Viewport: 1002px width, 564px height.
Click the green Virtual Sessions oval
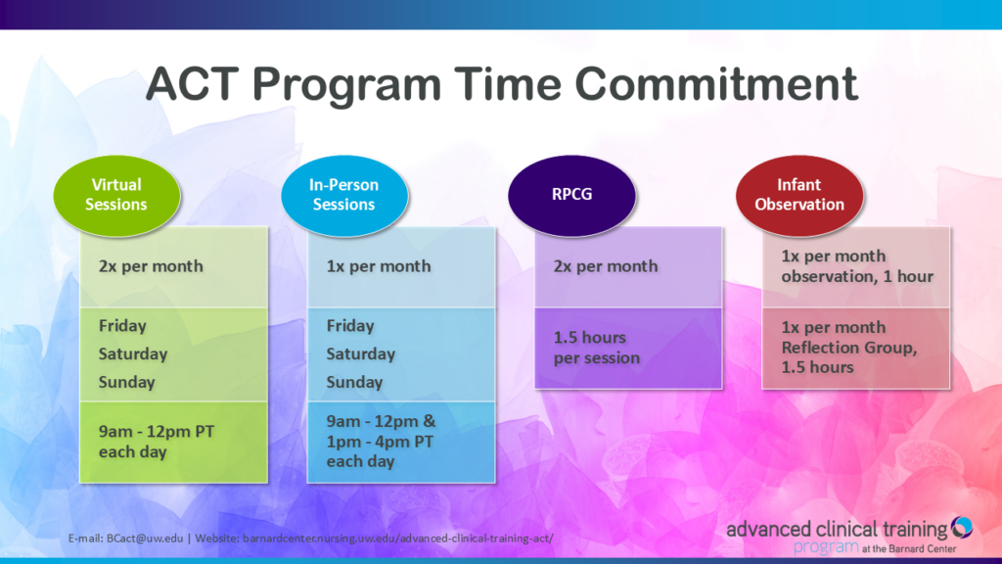pos(116,194)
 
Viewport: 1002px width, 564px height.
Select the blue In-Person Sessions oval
pos(343,194)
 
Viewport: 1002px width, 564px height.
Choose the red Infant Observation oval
pos(799,194)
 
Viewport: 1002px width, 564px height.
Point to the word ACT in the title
pos(198,85)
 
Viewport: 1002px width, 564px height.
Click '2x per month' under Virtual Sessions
pos(151,266)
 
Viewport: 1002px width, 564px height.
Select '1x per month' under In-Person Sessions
pos(379,266)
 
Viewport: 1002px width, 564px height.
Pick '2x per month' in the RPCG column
pos(606,266)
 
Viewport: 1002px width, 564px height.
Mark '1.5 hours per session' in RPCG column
pos(597,348)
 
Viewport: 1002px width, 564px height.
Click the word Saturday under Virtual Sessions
pos(133,353)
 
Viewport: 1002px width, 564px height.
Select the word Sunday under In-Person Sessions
pos(354,382)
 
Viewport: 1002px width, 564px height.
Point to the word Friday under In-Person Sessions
pos(350,325)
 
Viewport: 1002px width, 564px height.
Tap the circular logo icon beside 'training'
pos(962,528)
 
